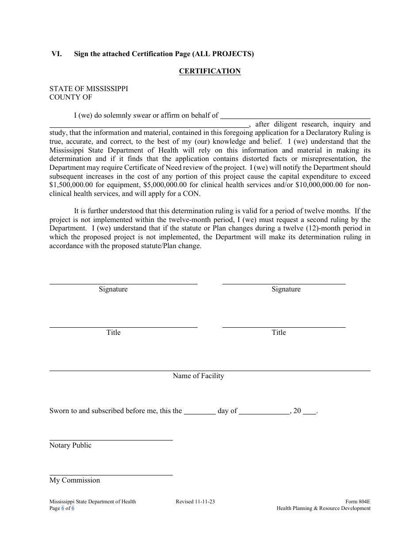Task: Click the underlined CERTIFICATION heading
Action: coord(210,71)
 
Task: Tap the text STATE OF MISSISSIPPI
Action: coord(88,88)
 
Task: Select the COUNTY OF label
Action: coord(71,97)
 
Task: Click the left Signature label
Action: coord(113,289)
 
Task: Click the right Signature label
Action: coord(286,289)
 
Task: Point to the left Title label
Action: coord(113,333)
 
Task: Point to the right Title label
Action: coord(279,333)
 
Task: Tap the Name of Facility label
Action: coord(198,376)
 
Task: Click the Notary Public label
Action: coord(70,445)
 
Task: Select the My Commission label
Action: coord(75,480)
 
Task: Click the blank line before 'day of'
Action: coord(199,412)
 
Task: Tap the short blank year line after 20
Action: coord(310,412)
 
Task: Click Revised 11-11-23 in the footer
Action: coord(195,502)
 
